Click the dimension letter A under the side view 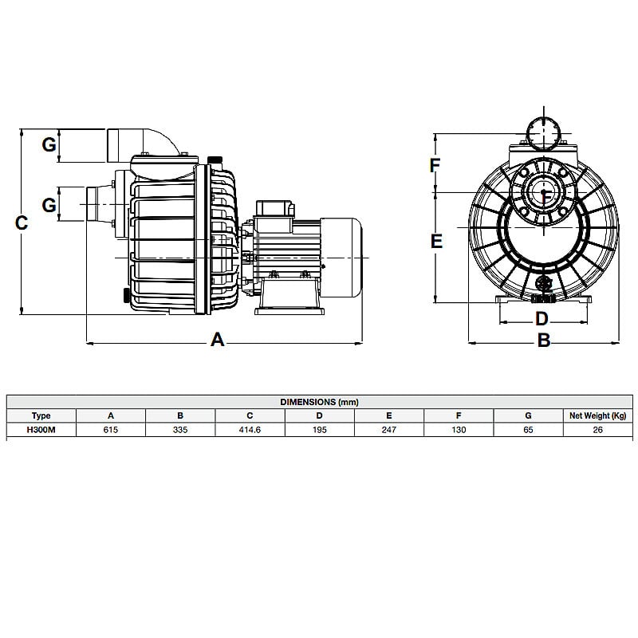(217, 341)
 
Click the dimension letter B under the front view (543, 341)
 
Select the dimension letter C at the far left (22, 223)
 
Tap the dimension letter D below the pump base (542, 319)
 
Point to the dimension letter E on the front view (436, 241)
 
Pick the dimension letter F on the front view (435, 166)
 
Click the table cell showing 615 (111, 429)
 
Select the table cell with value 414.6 (250, 429)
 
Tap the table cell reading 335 (180, 429)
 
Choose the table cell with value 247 (388, 429)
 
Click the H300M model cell (41, 429)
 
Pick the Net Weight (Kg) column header (597, 415)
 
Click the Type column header (41, 415)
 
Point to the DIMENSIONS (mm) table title (319, 402)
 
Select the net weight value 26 (597, 429)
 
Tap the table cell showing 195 (319, 429)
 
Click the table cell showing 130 (458, 429)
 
